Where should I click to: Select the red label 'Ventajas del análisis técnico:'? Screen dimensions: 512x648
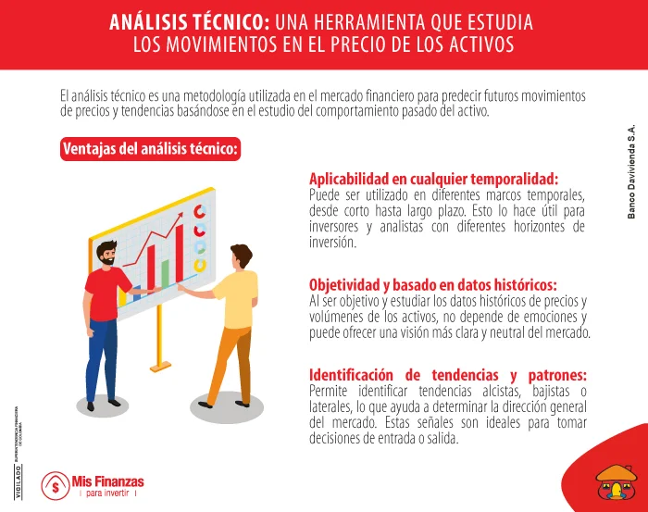[151, 149]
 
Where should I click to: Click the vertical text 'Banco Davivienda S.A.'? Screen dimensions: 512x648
[632, 172]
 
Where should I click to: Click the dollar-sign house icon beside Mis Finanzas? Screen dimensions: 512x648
[55, 484]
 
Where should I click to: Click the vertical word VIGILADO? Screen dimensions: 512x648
[19, 481]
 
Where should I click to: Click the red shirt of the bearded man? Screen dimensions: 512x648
[107, 295]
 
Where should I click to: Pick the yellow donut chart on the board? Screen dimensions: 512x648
[198, 266]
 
